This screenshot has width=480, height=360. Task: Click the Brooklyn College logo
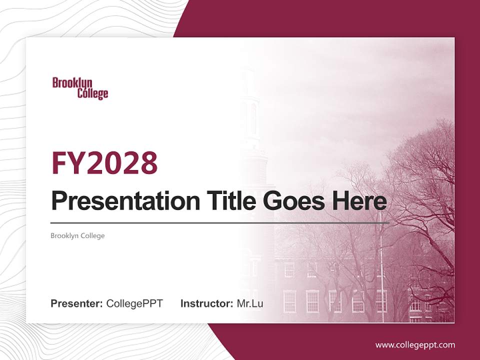click(x=80, y=88)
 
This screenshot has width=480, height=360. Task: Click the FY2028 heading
click(x=104, y=163)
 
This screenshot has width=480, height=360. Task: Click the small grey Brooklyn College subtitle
click(x=77, y=235)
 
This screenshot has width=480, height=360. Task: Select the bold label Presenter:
click(x=76, y=303)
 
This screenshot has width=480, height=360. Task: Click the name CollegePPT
click(x=134, y=303)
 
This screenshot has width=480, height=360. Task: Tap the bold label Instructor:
click(x=206, y=303)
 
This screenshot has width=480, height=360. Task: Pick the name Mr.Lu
click(x=250, y=303)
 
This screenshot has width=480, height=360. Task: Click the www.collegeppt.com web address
click(x=415, y=344)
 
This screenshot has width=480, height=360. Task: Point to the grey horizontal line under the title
click(x=220, y=222)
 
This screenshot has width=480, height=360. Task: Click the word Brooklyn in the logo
click(x=72, y=83)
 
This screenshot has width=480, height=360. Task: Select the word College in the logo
click(x=92, y=93)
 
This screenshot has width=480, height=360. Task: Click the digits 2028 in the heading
click(x=122, y=163)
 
